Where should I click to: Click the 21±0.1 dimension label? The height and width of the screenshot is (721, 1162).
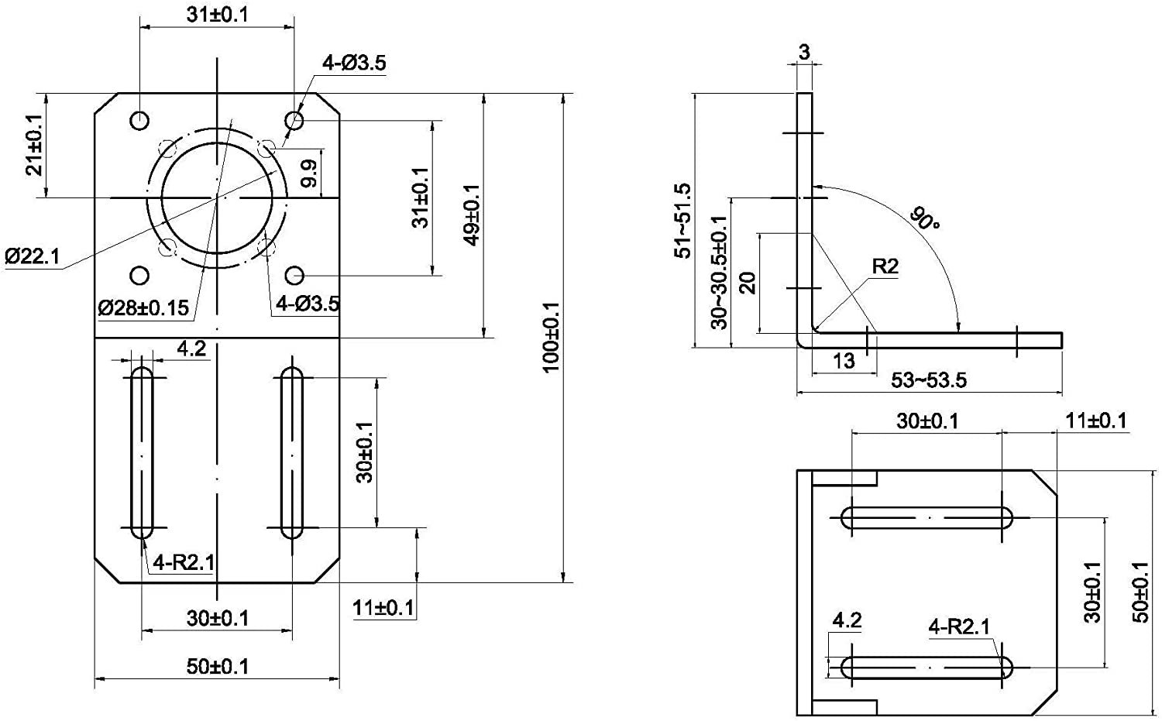point(34,146)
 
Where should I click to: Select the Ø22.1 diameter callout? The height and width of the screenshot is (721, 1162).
point(32,256)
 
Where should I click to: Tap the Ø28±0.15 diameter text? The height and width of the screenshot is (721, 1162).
point(143,307)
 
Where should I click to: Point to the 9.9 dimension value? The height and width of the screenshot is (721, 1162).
point(309,173)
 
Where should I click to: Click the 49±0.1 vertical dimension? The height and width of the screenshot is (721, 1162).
point(471,215)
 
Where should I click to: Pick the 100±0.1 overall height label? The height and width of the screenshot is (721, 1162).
point(550,337)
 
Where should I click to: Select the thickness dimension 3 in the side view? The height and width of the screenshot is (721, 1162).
point(804,52)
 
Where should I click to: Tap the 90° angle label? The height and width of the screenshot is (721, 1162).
point(925,218)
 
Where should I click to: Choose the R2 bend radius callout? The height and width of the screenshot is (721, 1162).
point(885,266)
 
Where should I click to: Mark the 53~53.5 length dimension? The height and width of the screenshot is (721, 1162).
point(928,380)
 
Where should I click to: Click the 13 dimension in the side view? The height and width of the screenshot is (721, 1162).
point(844,360)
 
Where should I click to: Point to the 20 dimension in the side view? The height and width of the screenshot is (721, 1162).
point(748,283)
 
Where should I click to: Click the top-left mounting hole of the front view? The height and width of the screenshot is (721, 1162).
point(139,121)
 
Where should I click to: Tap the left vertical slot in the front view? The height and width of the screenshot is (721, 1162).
point(142,453)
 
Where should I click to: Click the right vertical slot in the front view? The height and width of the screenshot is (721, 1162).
point(292,453)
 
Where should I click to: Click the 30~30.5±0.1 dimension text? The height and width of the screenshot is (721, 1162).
point(720,272)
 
